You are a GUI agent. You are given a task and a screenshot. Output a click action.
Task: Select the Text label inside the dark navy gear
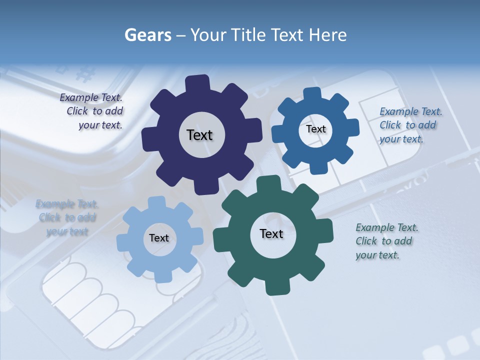click(x=199, y=135)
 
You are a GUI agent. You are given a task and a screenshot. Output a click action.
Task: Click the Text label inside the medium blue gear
click(x=315, y=129)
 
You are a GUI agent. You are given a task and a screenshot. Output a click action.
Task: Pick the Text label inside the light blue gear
click(x=159, y=238)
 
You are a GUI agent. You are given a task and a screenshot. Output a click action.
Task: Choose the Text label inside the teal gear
click(x=271, y=233)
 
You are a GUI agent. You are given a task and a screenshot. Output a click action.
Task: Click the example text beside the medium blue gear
click(x=410, y=125)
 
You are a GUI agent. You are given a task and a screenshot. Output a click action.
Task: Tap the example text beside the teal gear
click(x=386, y=241)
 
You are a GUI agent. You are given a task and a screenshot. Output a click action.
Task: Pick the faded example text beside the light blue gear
click(x=67, y=217)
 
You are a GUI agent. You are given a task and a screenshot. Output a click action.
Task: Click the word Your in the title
click(x=208, y=35)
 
